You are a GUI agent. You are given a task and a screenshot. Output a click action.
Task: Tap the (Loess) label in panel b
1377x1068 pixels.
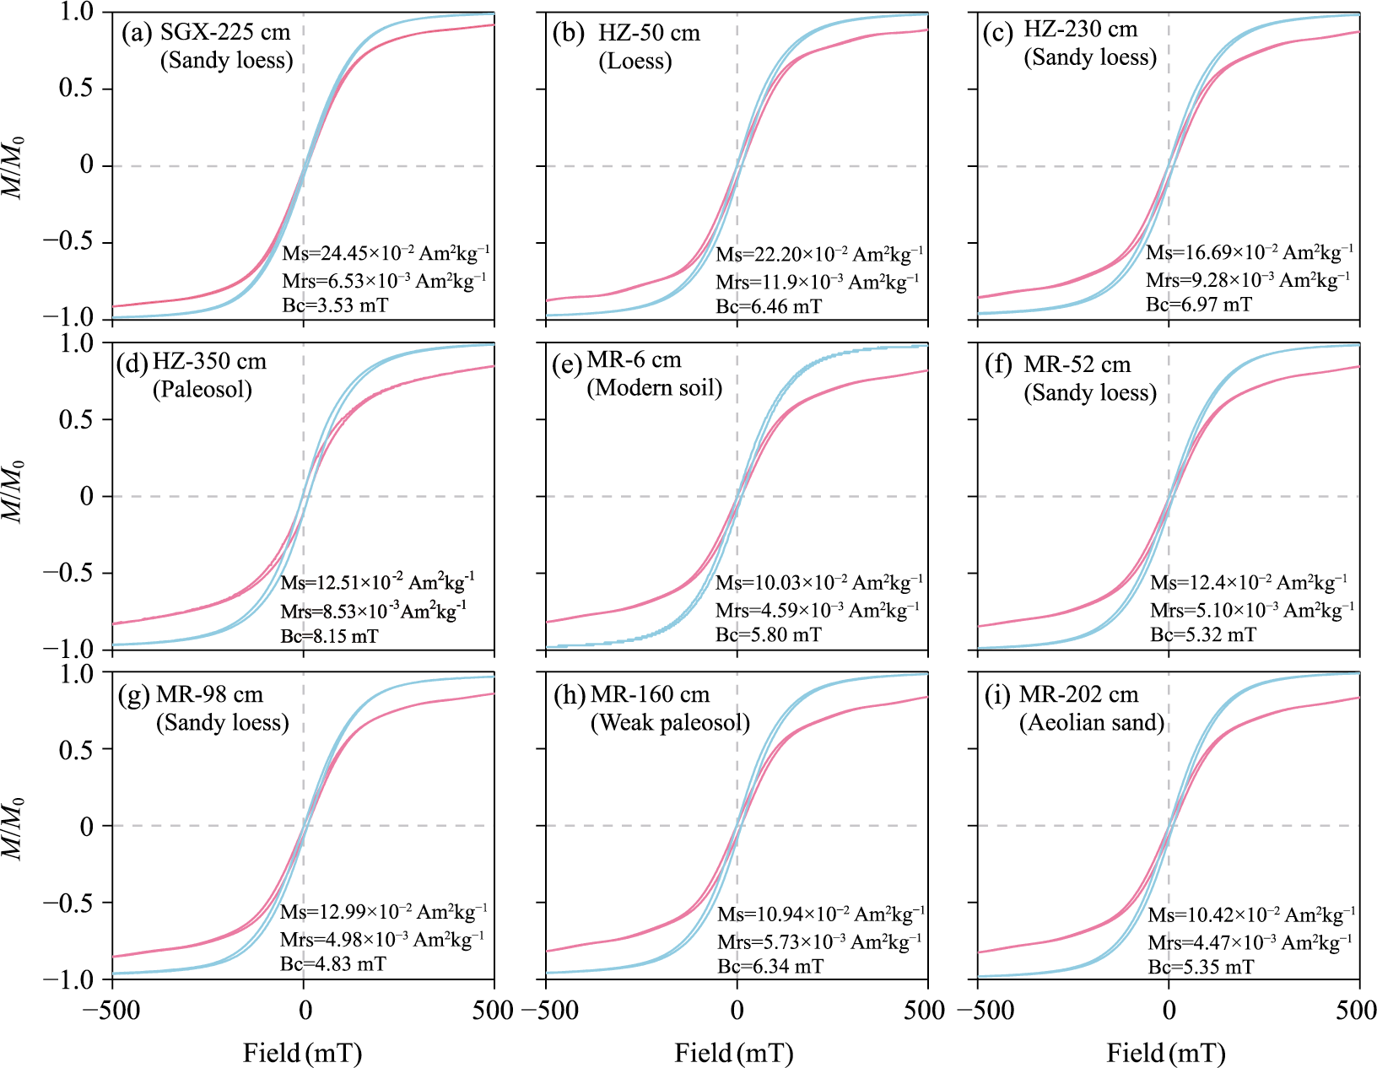click(635, 62)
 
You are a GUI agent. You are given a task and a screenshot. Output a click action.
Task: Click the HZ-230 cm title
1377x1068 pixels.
click(1081, 30)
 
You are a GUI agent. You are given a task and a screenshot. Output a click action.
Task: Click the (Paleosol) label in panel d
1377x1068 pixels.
click(202, 390)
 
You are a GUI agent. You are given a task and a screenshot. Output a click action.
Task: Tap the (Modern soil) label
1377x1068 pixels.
click(655, 388)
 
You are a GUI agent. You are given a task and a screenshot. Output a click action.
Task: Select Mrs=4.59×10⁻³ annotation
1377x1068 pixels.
click(818, 610)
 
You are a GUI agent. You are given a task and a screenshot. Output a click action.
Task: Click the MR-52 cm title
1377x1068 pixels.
click(1077, 364)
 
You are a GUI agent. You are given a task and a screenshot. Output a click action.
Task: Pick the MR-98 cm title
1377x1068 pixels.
click(210, 695)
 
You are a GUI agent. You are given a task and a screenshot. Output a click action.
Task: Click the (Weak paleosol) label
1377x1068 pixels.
click(671, 723)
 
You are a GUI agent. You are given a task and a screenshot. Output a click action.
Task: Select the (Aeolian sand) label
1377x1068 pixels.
click(1092, 723)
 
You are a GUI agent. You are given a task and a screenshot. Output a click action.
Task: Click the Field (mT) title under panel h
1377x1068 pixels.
click(734, 1053)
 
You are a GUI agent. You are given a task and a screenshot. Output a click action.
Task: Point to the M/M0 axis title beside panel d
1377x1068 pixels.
click(14, 491)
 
